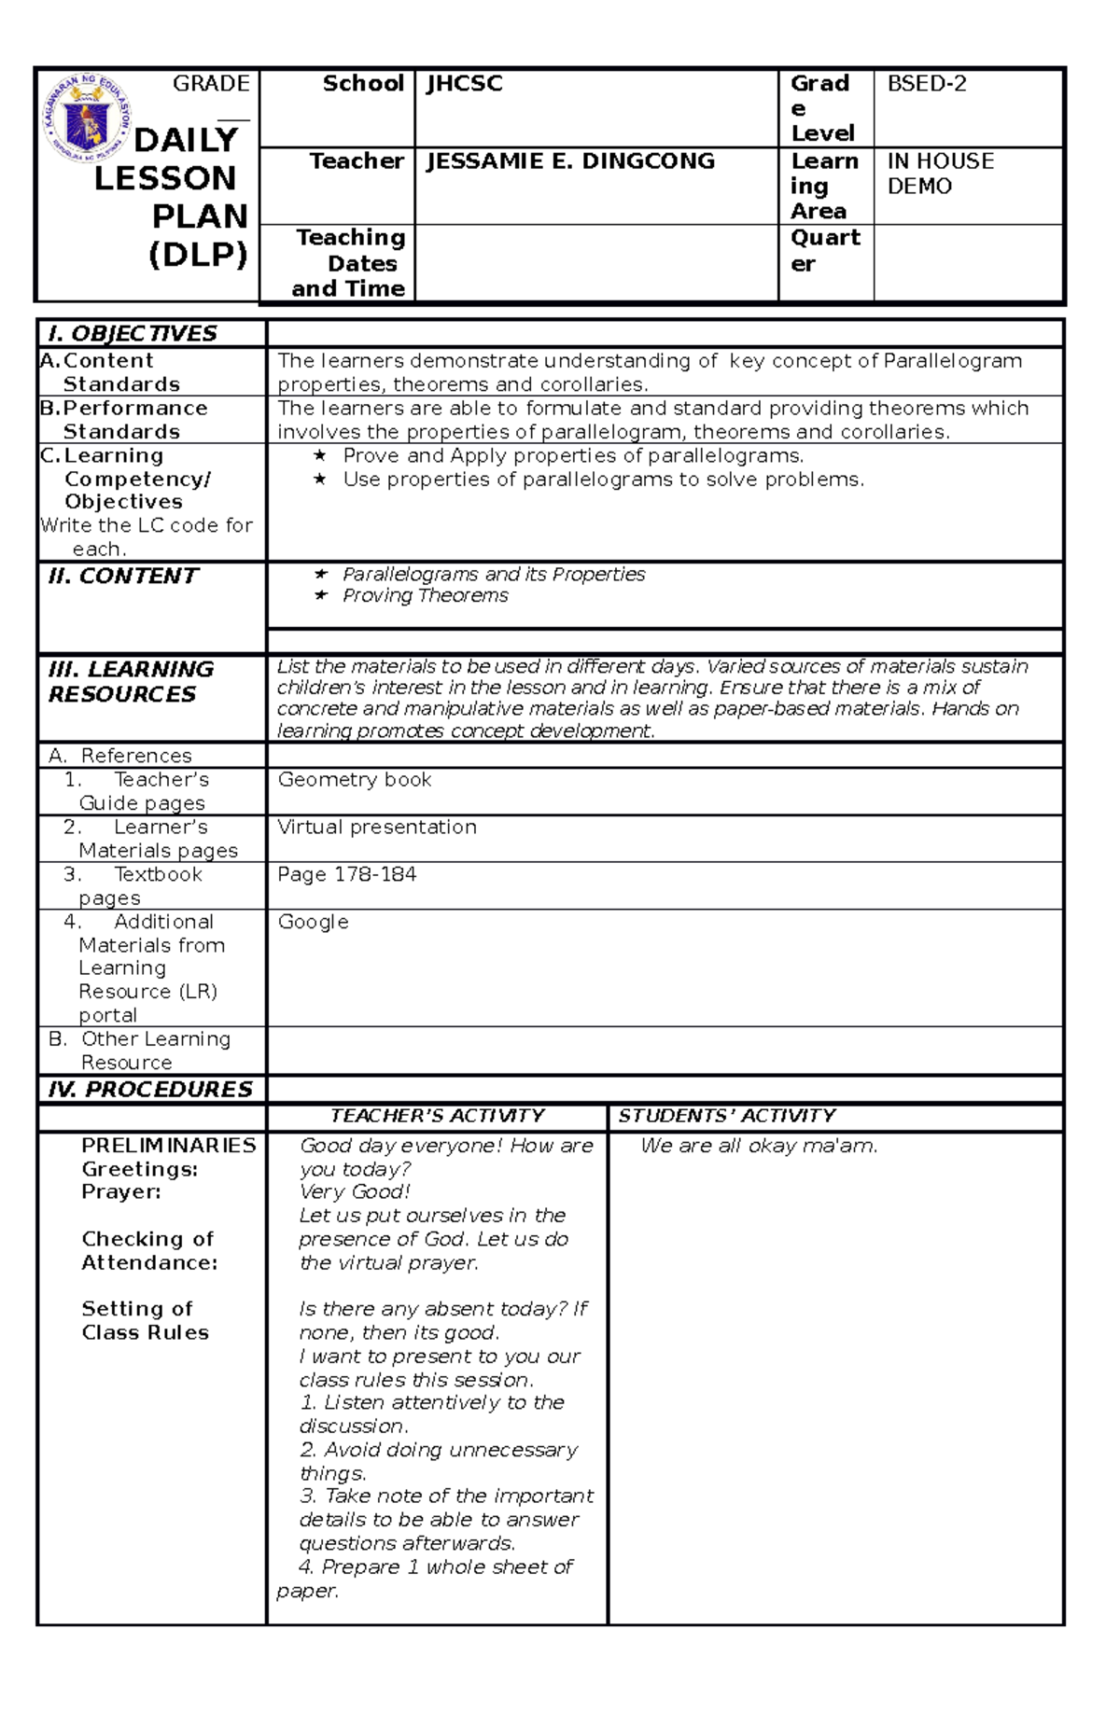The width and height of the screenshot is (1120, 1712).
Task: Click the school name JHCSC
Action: coord(464,84)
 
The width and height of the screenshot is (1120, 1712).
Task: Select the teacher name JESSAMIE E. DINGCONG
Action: coord(570,161)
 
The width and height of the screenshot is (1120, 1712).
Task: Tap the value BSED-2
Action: coord(926,84)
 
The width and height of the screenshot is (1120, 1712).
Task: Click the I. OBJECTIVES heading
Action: coord(133,334)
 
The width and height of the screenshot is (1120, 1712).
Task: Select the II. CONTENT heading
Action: coord(123,577)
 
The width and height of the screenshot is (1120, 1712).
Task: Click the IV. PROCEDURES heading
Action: coord(150,1090)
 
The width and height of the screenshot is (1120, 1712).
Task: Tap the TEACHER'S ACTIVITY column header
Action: coord(437,1116)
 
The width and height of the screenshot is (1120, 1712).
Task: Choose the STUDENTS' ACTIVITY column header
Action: coord(726,1116)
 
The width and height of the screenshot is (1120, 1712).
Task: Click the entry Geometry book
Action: coord(355,780)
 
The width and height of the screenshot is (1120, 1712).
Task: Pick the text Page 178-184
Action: coord(346,875)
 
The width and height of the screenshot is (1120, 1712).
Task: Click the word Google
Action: coord(313,923)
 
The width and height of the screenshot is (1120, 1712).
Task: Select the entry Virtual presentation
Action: coord(377,828)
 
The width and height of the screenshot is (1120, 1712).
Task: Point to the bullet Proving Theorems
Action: coord(425,596)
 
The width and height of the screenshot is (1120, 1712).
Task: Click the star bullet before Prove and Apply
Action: coord(320,456)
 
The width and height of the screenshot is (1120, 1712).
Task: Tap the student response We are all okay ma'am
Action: coord(759,1147)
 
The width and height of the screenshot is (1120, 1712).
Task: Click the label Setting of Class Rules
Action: coord(145,1321)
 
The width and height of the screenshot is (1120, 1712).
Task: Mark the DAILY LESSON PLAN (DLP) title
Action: coord(173,197)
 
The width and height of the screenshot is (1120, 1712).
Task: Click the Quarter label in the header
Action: coord(824,251)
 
